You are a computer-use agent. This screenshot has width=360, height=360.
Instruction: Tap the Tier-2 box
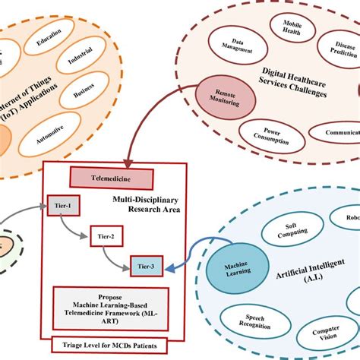[x=105, y=235]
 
